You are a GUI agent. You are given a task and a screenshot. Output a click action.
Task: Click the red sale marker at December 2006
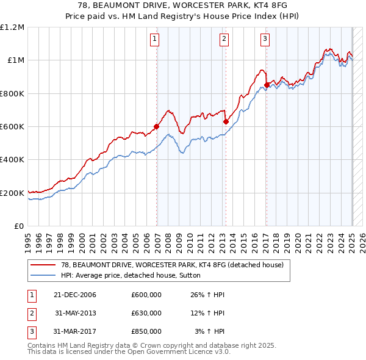tap(157, 127)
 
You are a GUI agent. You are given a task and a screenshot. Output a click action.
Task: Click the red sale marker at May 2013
tap(226, 121)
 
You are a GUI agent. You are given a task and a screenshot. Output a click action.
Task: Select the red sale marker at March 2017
tap(267, 85)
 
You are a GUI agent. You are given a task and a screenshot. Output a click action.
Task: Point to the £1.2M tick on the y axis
tap(12, 27)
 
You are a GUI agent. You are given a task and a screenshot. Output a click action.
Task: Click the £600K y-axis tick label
tap(12, 127)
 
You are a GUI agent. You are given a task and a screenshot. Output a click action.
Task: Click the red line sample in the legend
tap(43, 265)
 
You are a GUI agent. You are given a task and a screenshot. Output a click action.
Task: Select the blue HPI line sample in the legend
tap(43, 275)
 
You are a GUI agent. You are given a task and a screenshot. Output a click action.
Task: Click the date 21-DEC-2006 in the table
tap(75, 295)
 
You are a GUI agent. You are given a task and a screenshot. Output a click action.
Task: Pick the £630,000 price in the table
tap(146, 313)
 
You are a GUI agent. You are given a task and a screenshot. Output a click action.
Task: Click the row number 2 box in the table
tap(30, 313)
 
